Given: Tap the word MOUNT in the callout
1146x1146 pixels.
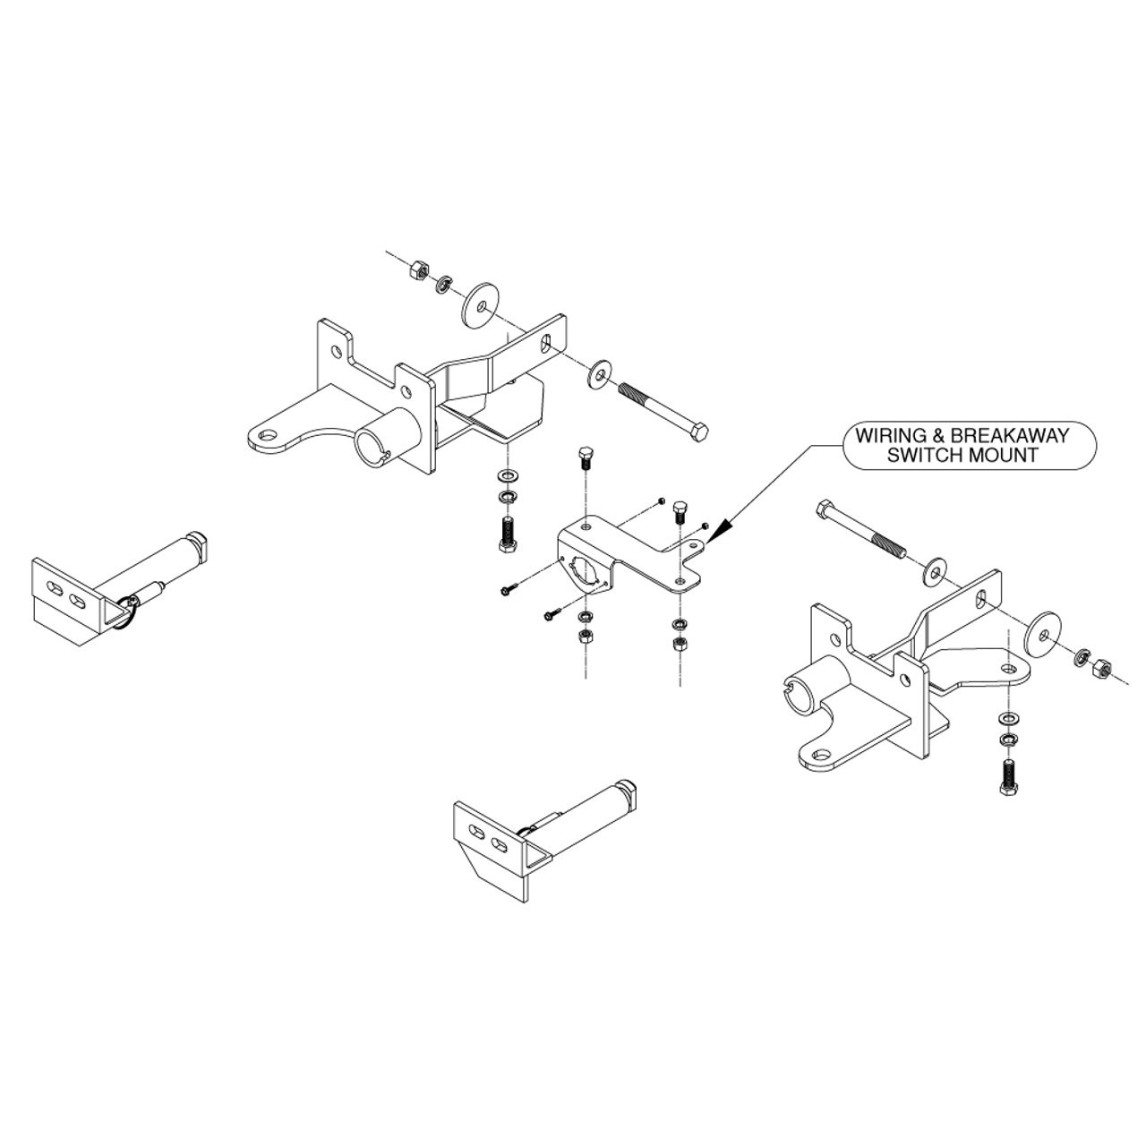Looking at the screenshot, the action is pyautogui.click(x=1003, y=456).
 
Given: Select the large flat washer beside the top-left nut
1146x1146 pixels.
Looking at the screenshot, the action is pyautogui.click(x=481, y=304).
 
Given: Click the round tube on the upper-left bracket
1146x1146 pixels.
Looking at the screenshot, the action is pyautogui.click(x=387, y=433).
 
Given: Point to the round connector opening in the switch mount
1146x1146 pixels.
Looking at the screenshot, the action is pyautogui.click(x=582, y=571).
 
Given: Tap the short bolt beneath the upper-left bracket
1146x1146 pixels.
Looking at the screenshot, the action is pyautogui.click(x=508, y=535).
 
